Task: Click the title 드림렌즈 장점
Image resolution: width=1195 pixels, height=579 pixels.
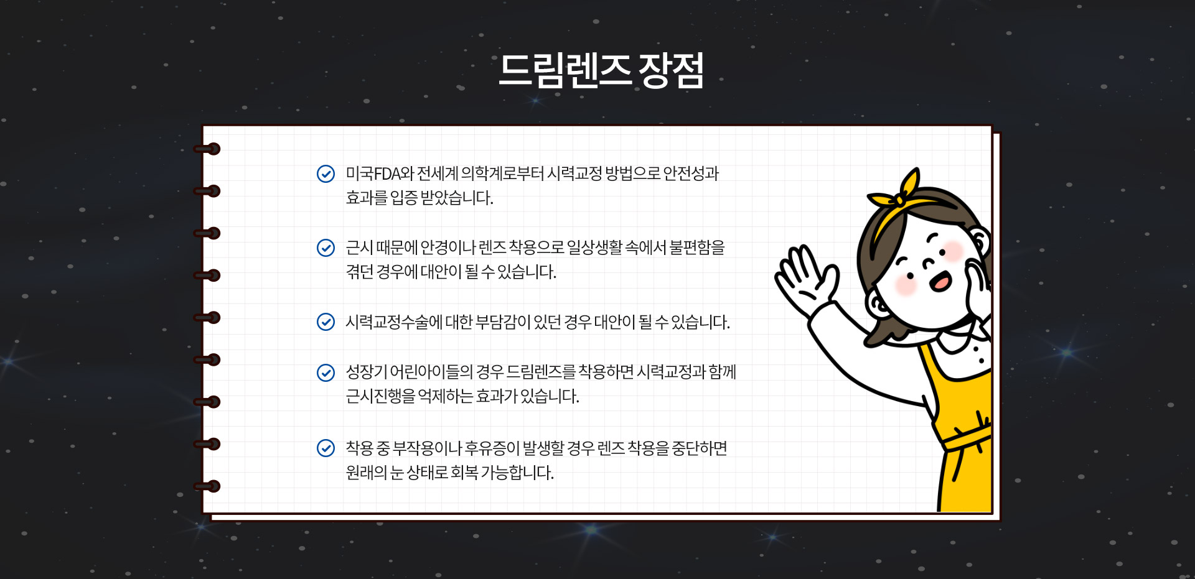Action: [601, 70]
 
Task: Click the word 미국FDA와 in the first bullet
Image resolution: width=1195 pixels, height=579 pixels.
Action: [380, 174]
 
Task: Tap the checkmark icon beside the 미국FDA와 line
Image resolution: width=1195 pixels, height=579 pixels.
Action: [326, 174]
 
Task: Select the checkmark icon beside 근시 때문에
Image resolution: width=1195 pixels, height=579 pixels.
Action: [326, 248]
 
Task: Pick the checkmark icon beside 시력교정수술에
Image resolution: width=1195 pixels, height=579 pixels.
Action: [326, 322]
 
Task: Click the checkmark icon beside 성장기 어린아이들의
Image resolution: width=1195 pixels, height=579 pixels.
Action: [326, 372]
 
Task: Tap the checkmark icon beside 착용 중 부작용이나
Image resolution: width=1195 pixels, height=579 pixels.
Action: [326, 448]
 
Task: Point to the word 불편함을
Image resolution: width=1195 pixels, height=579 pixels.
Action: [697, 248]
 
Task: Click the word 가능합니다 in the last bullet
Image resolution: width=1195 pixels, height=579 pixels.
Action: [517, 473]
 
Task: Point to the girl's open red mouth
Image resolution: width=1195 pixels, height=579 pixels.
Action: [940, 282]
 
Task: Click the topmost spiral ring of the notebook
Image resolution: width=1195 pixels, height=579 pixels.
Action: [207, 149]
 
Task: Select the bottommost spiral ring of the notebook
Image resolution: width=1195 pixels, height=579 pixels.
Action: [207, 486]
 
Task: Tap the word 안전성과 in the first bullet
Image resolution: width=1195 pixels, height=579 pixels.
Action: [691, 174]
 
